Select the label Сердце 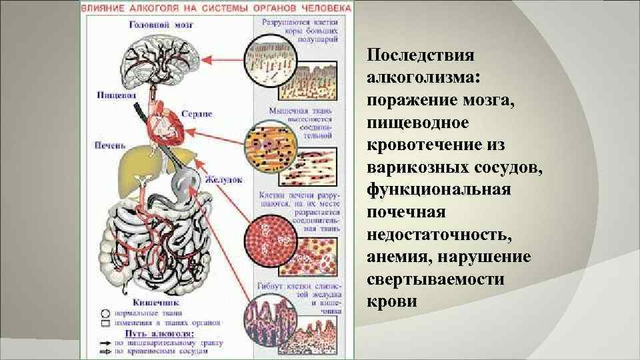[x=197, y=114]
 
